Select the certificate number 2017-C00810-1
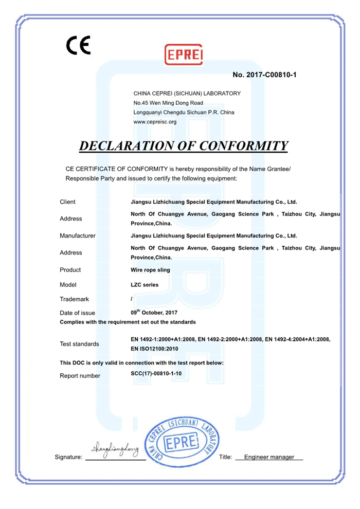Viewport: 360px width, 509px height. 272,75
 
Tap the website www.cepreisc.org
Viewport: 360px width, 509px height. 155,122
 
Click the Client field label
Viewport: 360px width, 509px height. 67,202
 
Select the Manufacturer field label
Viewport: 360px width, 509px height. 78,236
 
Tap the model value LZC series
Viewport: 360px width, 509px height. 145,284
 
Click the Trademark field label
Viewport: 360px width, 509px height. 75,299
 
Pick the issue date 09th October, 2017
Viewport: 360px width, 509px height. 154,313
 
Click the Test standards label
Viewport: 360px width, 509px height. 80,344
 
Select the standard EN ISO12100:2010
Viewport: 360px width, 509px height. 154,349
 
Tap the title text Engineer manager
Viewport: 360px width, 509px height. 269,457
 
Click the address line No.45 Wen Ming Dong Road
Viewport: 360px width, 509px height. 168,103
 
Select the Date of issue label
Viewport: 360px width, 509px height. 78,313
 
